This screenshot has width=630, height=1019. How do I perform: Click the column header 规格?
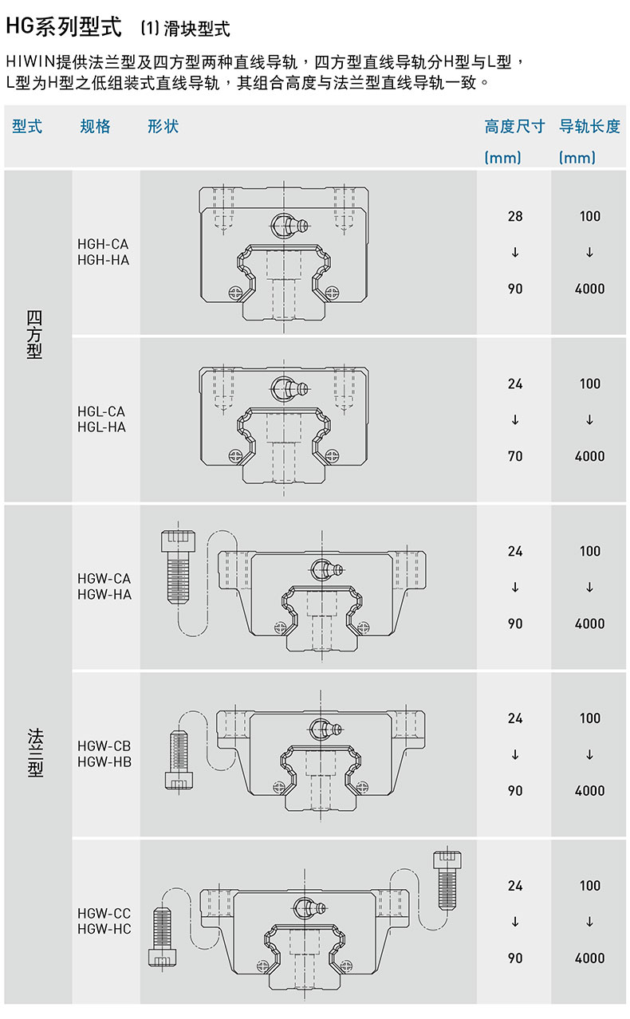[x=95, y=126]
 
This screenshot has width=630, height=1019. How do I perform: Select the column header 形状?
[x=163, y=126]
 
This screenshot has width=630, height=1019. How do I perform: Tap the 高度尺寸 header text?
[x=514, y=126]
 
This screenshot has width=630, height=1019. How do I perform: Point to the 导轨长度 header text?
[x=589, y=126]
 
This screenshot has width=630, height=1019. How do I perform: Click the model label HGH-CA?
[x=103, y=244]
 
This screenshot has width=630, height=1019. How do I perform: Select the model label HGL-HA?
[x=101, y=427]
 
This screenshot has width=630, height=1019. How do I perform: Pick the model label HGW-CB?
[x=104, y=746]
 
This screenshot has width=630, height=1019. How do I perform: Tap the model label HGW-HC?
[x=104, y=929]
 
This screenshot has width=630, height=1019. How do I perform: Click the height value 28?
[x=515, y=216]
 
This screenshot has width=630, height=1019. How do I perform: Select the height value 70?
[x=515, y=456]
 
